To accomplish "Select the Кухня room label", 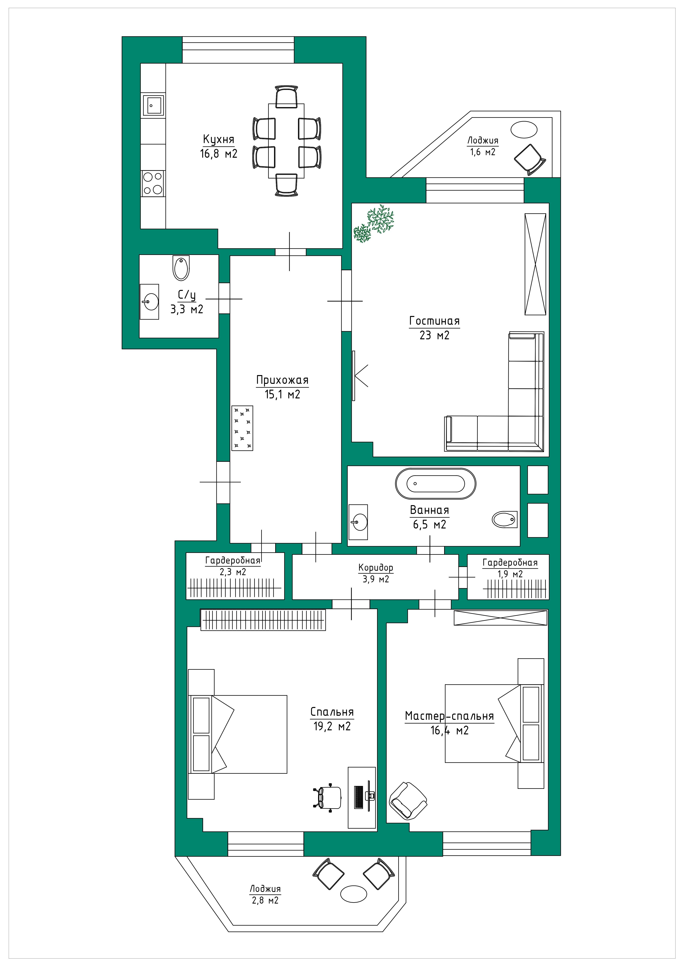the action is pyautogui.click(x=218, y=139).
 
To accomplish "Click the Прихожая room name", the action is pyautogui.click(x=282, y=380).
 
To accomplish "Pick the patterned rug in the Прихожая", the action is pyautogui.click(x=243, y=428).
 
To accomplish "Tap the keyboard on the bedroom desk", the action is pyautogui.click(x=358, y=797).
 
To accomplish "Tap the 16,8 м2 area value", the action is pyautogui.click(x=218, y=154).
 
